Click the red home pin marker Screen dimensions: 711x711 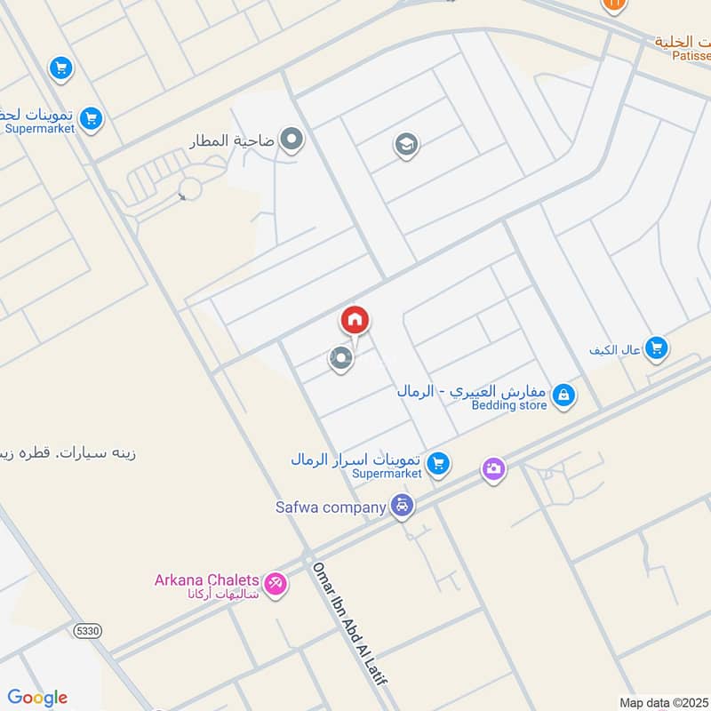(x=355, y=320)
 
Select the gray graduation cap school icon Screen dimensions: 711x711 (x=407, y=144)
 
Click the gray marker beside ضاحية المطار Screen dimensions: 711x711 (x=291, y=140)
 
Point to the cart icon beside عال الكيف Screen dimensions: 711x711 (x=656, y=348)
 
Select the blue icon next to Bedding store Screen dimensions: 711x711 (x=563, y=395)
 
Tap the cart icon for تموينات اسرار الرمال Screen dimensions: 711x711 (x=436, y=463)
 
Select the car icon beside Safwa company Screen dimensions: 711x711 (x=403, y=507)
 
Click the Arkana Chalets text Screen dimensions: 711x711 (x=207, y=580)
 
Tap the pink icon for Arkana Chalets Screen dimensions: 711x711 (x=276, y=584)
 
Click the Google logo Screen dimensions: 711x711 (x=37, y=698)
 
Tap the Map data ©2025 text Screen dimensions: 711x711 (x=662, y=702)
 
